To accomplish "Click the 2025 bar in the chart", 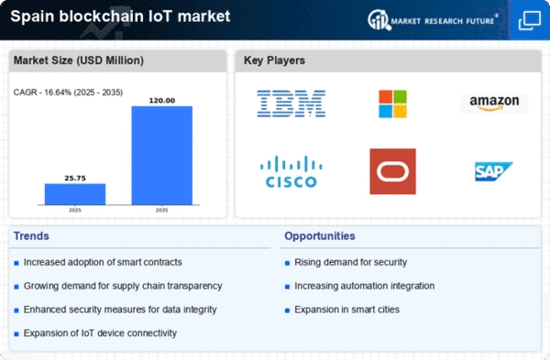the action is click(x=75, y=194).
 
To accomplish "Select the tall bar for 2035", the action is click(x=161, y=156).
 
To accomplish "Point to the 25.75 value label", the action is click(x=75, y=178).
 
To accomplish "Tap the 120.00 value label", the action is click(x=162, y=101).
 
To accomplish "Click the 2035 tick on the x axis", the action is click(x=161, y=210).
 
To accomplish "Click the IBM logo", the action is click(x=291, y=104).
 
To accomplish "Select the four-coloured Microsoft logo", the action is click(x=393, y=104).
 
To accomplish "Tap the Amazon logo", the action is click(x=494, y=104).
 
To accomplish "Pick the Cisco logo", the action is click(x=291, y=171).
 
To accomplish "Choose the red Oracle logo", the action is click(x=393, y=171).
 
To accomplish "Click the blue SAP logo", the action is click(x=494, y=171).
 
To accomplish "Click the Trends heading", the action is click(x=31, y=236).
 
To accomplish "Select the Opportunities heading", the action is click(x=320, y=236).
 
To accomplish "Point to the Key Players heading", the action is click(x=274, y=60).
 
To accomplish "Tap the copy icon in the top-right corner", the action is click(x=530, y=20).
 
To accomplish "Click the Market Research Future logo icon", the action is click(x=379, y=19).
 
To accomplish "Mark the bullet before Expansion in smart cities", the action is click(x=287, y=311).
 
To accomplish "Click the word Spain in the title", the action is click(x=32, y=16).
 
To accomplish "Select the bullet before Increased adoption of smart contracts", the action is click(x=16, y=263).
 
